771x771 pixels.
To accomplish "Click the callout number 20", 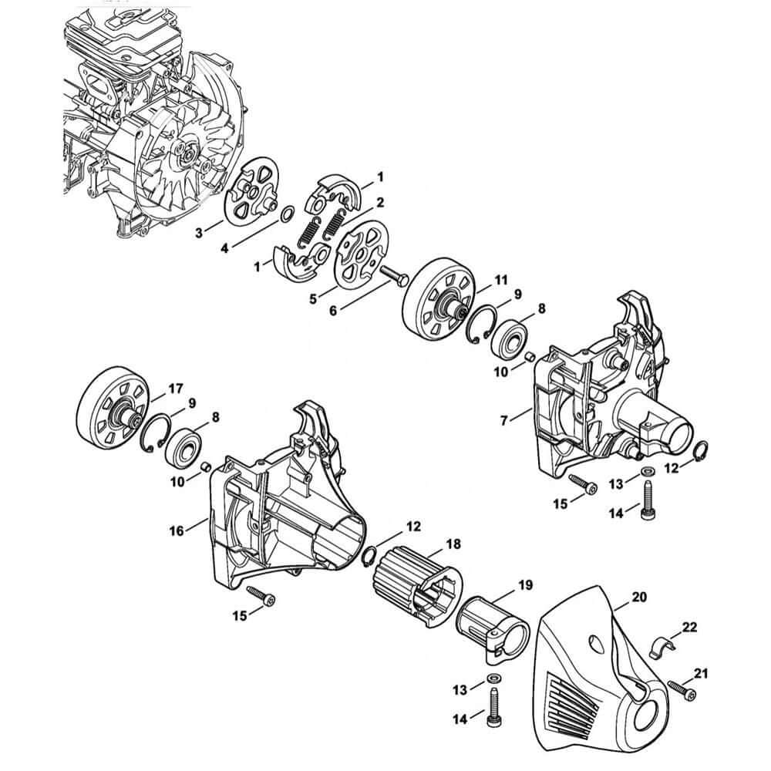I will pos(639,596).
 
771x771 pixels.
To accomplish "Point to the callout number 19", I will pos(524,586).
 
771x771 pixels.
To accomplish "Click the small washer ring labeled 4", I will pos(286,214).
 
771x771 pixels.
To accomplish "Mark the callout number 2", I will pos(380,202).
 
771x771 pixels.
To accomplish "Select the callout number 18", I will pos(453,544).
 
